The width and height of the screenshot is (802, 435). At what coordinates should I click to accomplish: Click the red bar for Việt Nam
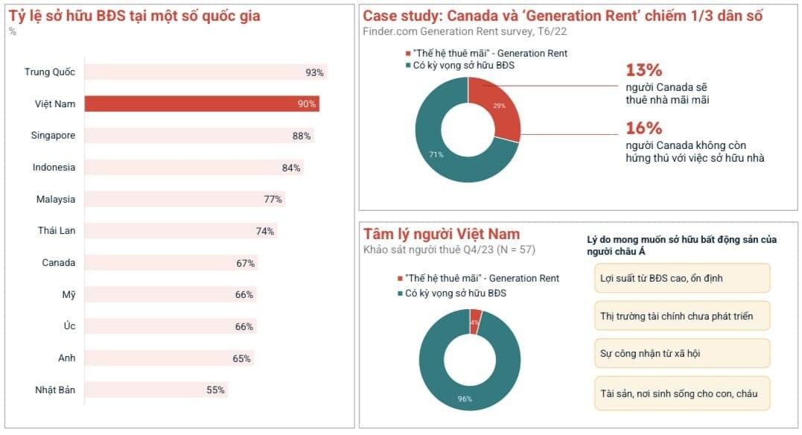tap(202, 104)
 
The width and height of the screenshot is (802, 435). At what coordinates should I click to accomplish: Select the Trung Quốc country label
tap(50, 72)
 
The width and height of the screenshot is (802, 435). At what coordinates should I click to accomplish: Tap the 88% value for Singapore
tap(302, 136)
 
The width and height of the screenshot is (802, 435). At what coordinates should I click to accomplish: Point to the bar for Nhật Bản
tap(156, 390)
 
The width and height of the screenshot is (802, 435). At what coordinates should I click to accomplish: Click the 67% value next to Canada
tap(245, 263)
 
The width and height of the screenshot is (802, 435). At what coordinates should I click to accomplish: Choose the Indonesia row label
tap(54, 168)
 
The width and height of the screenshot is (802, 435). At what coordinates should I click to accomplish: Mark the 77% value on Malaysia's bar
tap(273, 199)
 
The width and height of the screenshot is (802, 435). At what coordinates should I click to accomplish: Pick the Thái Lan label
tap(57, 231)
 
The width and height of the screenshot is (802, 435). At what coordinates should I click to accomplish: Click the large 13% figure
tap(643, 69)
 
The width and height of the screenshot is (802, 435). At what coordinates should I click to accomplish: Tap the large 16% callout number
tap(643, 127)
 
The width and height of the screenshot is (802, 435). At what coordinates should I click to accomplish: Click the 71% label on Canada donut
tap(436, 154)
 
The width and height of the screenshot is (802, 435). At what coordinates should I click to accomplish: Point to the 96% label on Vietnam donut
tap(465, 399)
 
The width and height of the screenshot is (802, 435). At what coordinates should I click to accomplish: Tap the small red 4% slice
tap(475, 322)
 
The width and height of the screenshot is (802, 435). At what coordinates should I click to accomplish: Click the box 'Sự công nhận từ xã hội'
tap(682, 353)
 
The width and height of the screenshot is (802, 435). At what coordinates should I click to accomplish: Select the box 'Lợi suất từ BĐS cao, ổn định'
tap(682, 278)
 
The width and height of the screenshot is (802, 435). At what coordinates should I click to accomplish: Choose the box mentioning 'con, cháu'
tap(682, 393)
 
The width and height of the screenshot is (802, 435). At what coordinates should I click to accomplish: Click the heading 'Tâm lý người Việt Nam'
tap(442, 234)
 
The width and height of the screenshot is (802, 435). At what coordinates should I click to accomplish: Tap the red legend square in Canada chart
tap(408, 53)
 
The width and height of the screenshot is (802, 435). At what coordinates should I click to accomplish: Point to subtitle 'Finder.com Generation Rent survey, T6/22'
tap(465, 31)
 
